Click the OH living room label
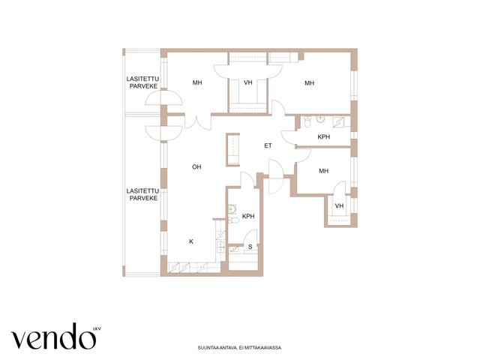coord(196,166)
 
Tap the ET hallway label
coord(268,145)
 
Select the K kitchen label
coord(191,241)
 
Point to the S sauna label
coord(250,247)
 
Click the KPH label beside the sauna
coord(248,216)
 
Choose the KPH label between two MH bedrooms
coord(324,136)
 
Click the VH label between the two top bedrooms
coord(248,82)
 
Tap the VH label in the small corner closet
coord(339,205)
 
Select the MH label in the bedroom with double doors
coord(197,82)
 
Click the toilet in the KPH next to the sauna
coord(233,220)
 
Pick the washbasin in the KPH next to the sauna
coord(232,208)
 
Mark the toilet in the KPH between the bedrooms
coord(307,121)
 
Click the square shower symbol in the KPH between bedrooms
coord(338,121)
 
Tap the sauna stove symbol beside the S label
coord(234,249)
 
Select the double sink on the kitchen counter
coord(220,247)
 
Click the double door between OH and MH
coord(198,121)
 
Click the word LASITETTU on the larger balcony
coord(142,191)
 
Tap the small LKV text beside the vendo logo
coord(97,329)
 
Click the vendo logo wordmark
coord(54,337)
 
